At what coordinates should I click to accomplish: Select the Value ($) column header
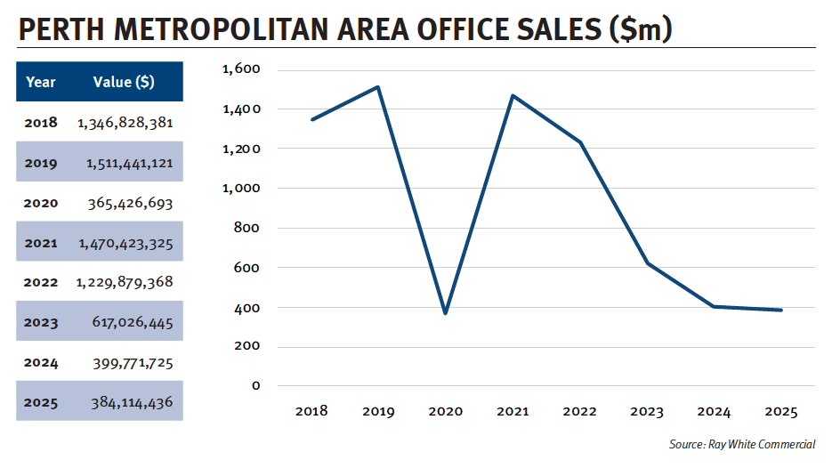coord(124,82)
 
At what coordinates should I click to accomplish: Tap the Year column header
coord(41,82)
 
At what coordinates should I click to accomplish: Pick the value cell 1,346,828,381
coord(125,123)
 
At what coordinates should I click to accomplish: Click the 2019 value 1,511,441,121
coord(129,163)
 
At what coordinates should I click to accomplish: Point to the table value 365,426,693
coord(130,203)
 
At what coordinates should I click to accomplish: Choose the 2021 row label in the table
coord(41,243)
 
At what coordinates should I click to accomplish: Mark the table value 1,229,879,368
coord(125,282)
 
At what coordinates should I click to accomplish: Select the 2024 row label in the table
coord(41,362)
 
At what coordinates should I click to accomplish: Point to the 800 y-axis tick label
coord(246,228)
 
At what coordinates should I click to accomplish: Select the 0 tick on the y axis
coord(255,385)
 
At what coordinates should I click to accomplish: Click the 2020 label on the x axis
coord(445,412)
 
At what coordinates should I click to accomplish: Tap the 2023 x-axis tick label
coord(646,412)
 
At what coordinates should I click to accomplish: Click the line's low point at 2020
coord(445,313)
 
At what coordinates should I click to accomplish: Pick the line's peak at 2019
coord(378,87)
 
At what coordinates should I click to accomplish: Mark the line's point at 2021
coord(513,95)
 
